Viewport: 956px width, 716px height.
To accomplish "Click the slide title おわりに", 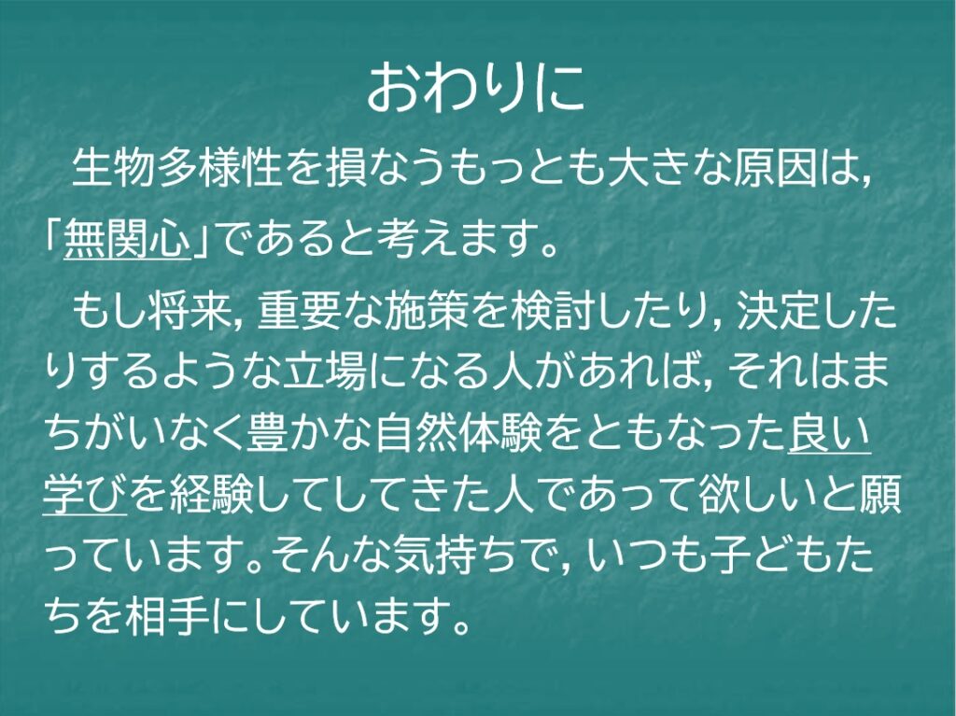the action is pos(476,88).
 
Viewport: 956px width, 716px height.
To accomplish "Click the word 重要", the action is pos(299,312).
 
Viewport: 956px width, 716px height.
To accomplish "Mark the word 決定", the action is pos(779,312).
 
